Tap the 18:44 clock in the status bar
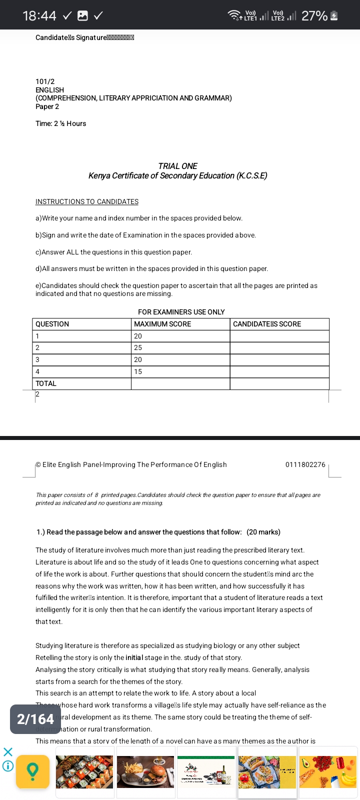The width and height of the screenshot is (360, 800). [39, 15]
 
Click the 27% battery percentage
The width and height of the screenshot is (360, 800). [314, 15]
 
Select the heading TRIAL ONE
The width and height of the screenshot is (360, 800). [177, 166]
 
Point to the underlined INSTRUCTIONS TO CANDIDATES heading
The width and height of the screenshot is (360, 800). [87, 201]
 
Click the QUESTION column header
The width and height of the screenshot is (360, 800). [52, 324]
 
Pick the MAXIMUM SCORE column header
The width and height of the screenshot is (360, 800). [162, 324]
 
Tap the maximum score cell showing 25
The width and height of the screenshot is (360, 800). [138, 347]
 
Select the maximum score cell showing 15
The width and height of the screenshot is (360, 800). [138, 371]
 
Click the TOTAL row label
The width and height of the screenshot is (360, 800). [46, 383]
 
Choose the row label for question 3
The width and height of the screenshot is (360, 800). [37, 359]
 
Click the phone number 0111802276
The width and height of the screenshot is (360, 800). [305, 464]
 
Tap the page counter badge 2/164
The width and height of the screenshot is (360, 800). [35, 719]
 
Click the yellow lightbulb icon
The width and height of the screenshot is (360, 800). [32, 771]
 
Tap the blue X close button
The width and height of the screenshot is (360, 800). [7, 752]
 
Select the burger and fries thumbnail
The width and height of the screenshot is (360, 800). [145, 771]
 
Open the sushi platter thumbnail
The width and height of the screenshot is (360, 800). [84, 771]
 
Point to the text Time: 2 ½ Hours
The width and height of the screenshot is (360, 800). [60, 123]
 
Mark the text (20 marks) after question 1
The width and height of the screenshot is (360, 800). [263, 532]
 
